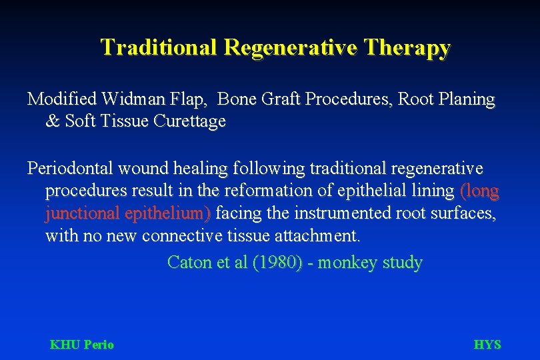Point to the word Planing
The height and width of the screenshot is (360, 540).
tap(466, 100)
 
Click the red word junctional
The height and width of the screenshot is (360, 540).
tap(82, 213)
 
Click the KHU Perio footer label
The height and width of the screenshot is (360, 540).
tap(82, 345)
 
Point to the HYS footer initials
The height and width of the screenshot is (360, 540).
tap(487, 345)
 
